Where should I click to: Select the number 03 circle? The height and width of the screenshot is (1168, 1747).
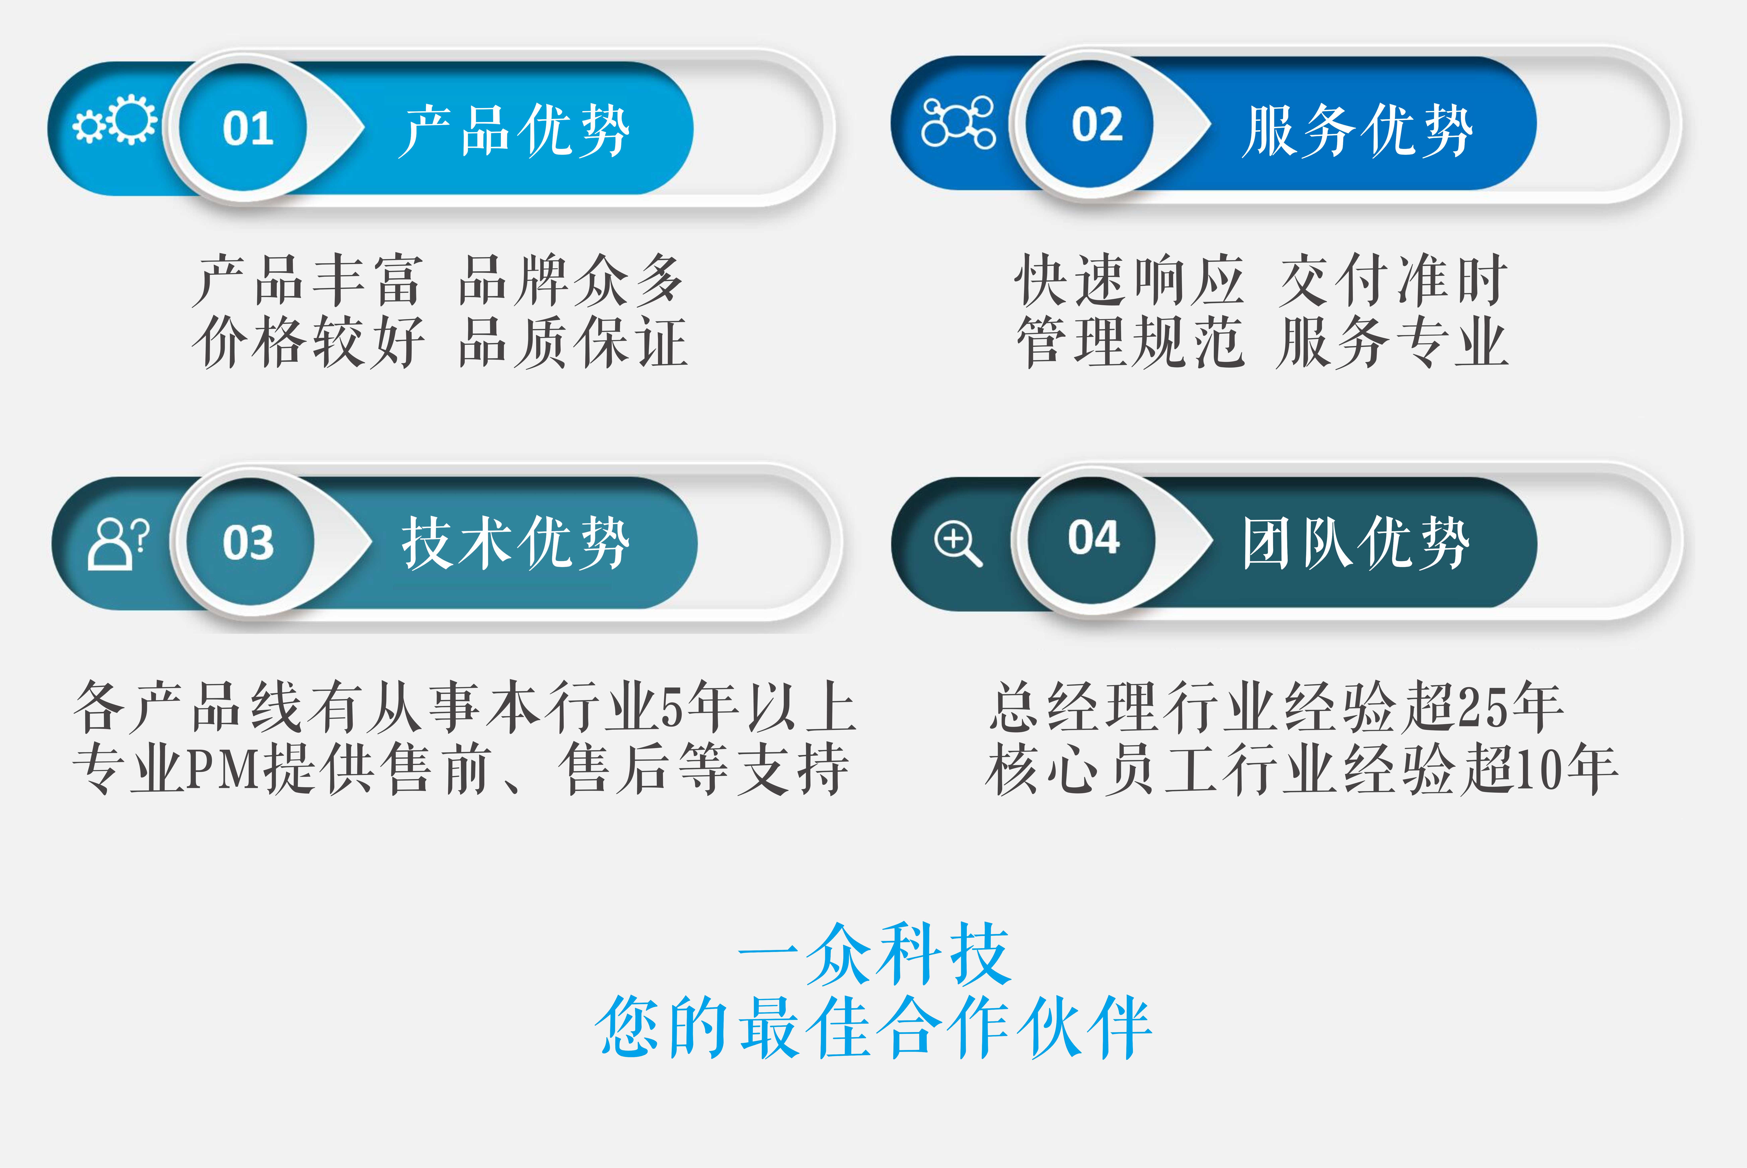coord(250,542)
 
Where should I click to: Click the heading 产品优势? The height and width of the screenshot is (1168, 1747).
coord(514,130)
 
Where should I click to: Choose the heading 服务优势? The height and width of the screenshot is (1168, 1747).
coord(1357,130)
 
